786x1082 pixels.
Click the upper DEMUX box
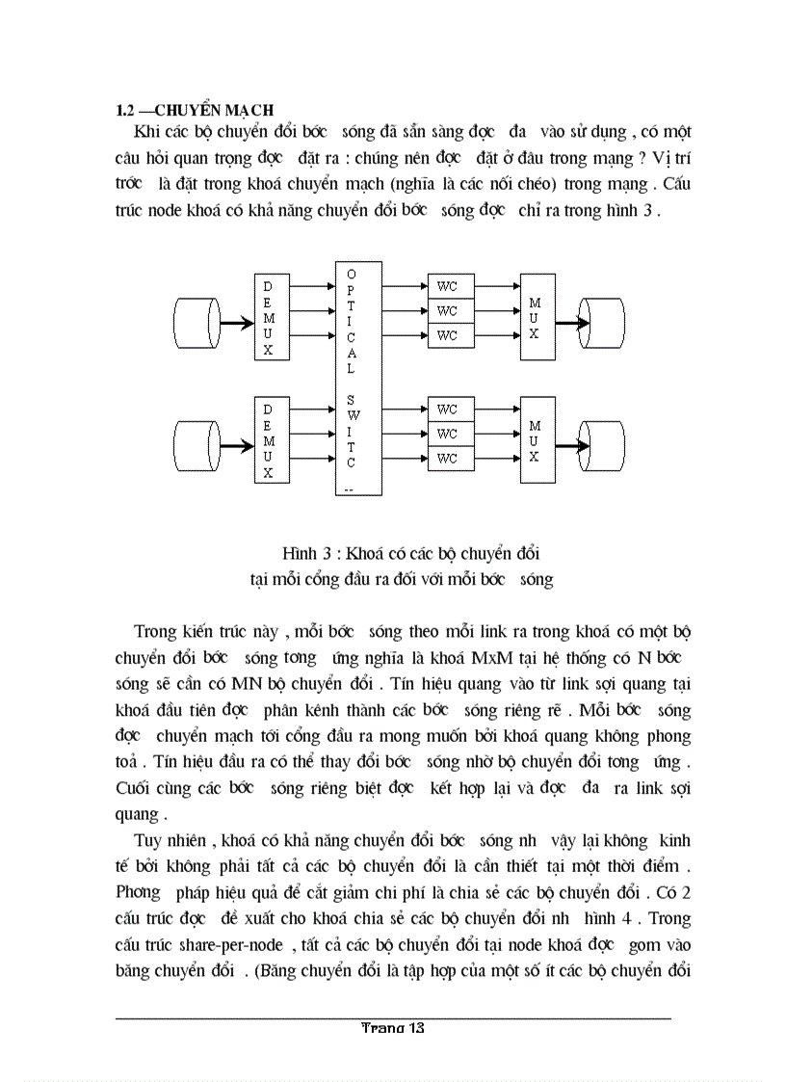269,318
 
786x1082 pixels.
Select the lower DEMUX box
269,439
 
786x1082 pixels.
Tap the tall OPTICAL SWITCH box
352,378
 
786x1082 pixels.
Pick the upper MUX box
537,318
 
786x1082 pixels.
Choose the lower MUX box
537,439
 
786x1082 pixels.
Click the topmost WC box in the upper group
446,286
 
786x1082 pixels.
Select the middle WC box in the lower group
446,434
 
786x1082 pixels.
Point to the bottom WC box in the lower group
446,459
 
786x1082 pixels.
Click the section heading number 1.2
122,110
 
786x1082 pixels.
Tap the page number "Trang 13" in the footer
392,1028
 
